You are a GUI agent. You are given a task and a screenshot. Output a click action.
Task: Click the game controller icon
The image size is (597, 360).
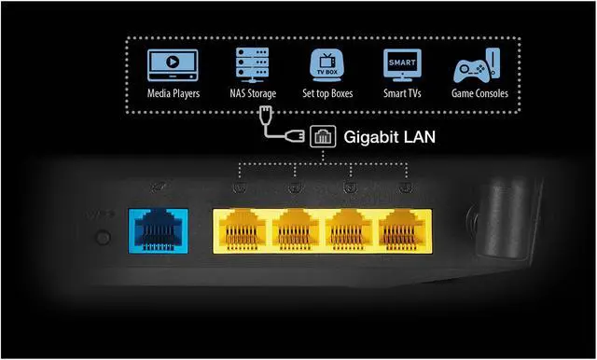[x=478, y=67]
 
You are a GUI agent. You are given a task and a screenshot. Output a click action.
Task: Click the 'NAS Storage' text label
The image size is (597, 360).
[x=251, y=95]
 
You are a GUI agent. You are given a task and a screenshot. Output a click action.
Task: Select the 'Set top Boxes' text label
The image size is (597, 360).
[x=328, y=95]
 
